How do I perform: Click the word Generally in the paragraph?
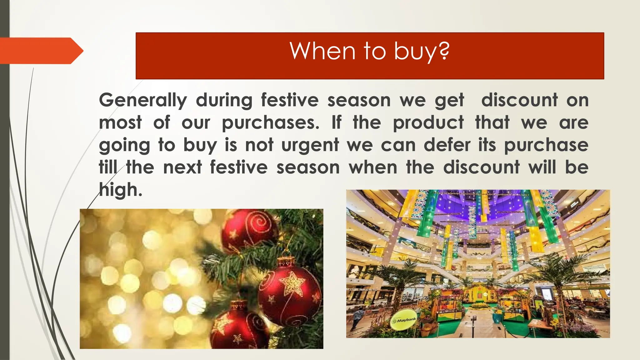pos(143,100)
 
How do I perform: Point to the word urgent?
pos(310,145)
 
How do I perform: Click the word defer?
pos(447,145)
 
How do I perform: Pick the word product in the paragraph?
pos(428,122)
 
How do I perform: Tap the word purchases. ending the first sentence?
pos(271,123)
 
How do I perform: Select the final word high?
pos(120,190)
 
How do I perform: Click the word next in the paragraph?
pos(182,167)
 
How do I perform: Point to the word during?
pos(224,100)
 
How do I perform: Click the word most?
pos(120,122)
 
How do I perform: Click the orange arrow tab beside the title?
pos(41,51)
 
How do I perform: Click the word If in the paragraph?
pos(337,122)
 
